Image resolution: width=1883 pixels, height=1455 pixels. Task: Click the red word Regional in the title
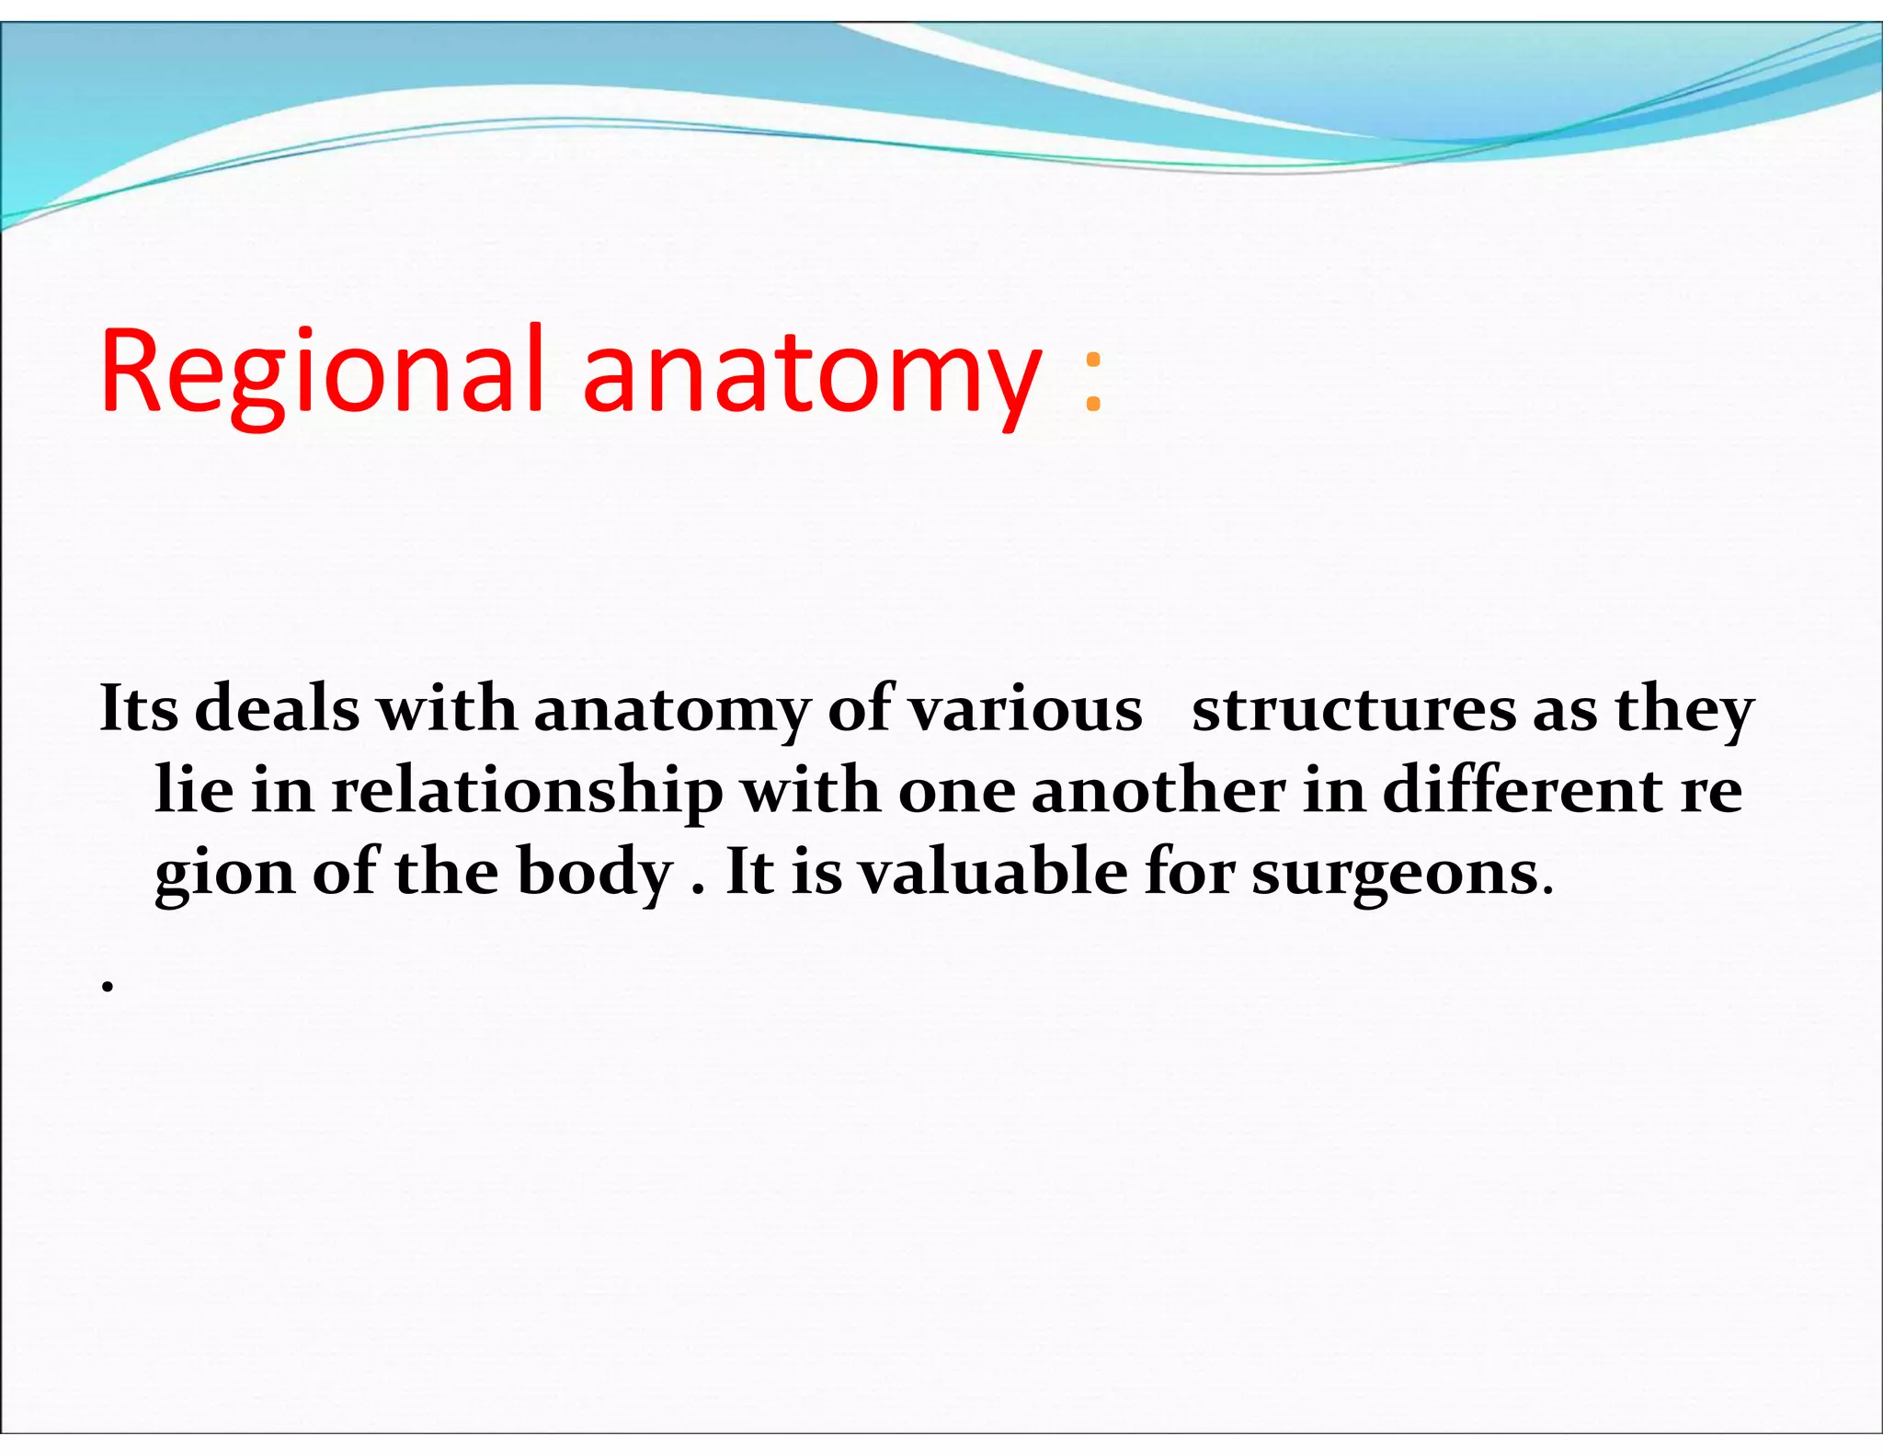pos(322,372)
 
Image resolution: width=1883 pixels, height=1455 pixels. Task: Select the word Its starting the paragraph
pos(138,709)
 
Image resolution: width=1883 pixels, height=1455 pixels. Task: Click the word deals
pos(277,709)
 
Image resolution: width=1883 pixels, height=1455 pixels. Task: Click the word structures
pos(1353,709)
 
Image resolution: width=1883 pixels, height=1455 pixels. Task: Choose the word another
pos(1158,790)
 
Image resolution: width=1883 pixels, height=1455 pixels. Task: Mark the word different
pos(1523,790)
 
